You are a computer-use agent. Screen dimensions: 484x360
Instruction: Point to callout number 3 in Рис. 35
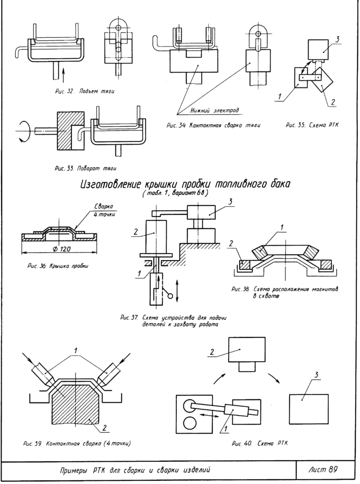coord(337,39)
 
